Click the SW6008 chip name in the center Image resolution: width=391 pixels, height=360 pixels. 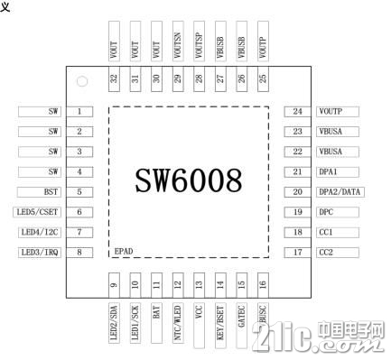(190, 180)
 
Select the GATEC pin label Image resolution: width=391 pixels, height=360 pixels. (241, 316)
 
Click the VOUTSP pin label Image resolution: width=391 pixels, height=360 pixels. (199, 41)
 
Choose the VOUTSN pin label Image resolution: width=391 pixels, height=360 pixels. (177, 41)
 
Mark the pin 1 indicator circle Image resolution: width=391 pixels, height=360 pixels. (81, 83)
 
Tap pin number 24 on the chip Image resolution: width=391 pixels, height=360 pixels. (296, 112)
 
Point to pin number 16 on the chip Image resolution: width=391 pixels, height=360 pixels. (262, 284)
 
